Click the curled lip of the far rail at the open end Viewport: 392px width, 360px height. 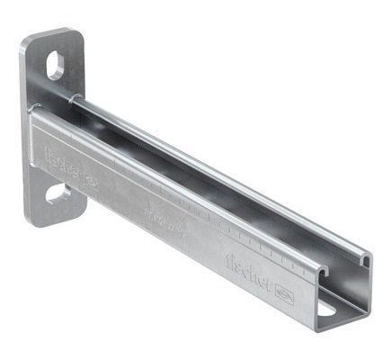tap(362, 261)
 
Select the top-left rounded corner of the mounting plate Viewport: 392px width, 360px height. tap(27, 40)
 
